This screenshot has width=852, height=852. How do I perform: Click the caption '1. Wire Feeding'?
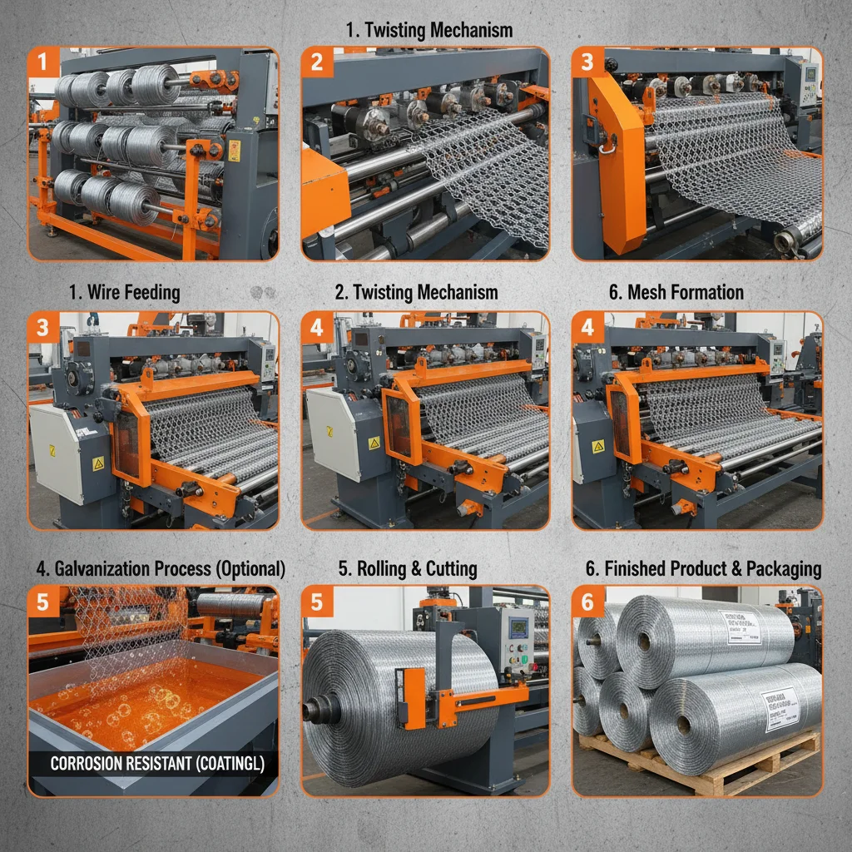[x=125, y=292]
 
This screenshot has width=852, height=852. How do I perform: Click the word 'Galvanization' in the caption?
[x=104, y=569]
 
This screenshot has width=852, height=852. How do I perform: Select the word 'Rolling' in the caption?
[x=382, y=569]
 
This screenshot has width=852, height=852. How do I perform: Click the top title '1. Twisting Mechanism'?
[x=428, y=31]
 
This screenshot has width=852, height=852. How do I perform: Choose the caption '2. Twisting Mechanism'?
[x=416, y=292]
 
